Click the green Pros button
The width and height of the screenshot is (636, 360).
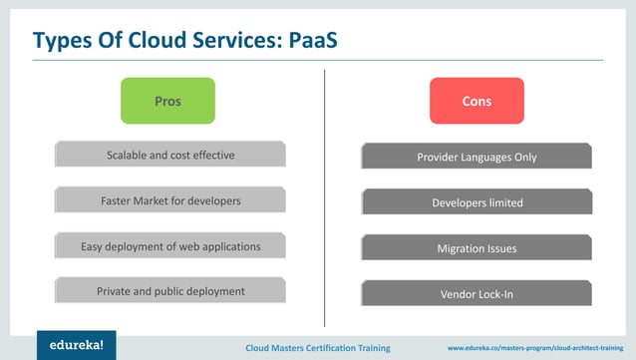(x=167, y=101)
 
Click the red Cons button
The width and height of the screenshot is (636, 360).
(x=477, y=101)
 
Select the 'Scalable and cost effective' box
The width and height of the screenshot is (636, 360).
(x=169, y=155)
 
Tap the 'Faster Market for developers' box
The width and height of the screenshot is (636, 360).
(x=169, y=200)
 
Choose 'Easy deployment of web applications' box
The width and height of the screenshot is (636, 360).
(x=169, y=246)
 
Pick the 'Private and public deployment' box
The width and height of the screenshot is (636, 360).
(x=169, y=291)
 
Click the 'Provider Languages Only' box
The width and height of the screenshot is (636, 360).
(x=477, y=157)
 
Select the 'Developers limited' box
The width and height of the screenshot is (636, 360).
(x=477, y=202)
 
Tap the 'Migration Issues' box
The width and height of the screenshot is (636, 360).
(x=477, y=248)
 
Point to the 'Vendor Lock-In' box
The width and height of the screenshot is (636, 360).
(x=477, y=294)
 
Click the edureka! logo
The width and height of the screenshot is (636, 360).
(x=76, y=344)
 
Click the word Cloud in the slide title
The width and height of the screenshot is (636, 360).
(x=159, y=41)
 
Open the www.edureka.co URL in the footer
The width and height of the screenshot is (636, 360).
(x=538, y=348)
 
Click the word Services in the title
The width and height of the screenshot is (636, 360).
(x=236, y=41)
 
